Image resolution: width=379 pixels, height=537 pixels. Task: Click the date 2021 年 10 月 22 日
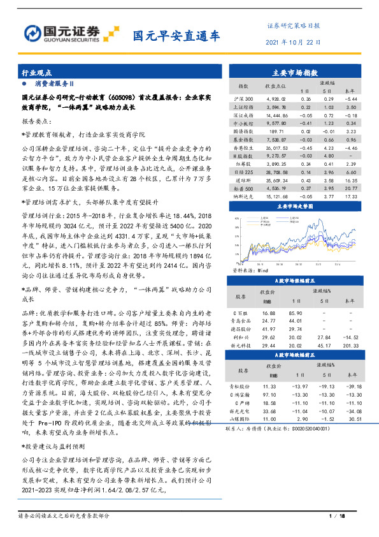(294, 43)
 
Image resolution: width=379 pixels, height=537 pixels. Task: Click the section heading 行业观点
(37, 73)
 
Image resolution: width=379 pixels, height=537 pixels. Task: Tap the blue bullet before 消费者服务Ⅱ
(24, 84)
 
